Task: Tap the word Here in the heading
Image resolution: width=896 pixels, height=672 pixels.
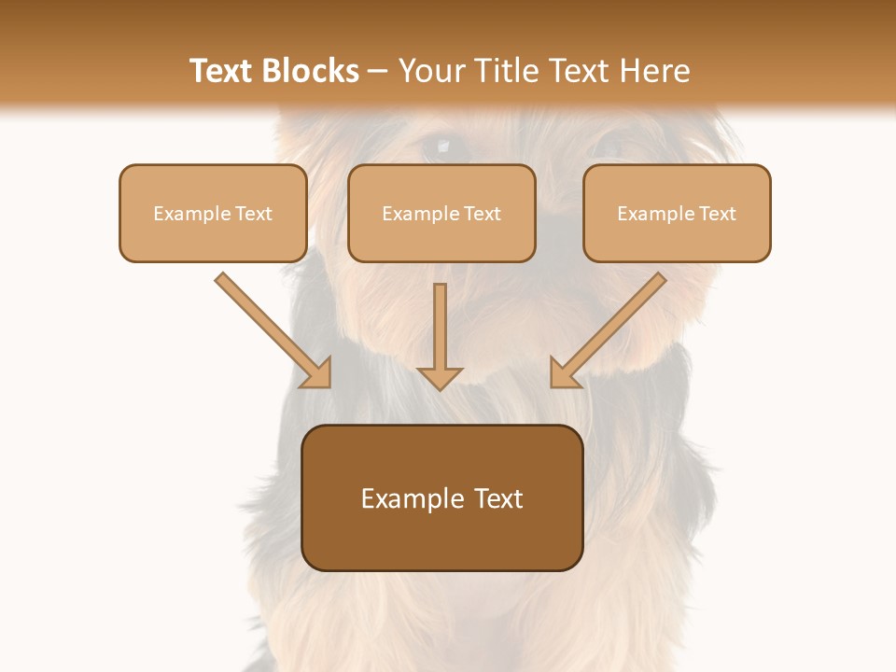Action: point(652,71)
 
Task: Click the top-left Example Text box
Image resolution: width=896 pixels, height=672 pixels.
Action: point(213,214)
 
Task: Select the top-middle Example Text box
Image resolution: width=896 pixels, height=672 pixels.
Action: point(441,214)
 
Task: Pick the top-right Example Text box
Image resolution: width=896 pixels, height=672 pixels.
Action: point(677,214)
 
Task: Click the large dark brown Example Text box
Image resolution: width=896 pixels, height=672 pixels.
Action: point(442,498)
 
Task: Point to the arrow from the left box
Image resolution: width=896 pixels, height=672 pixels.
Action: point(271,329)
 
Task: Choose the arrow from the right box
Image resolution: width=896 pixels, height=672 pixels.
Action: point(610,329)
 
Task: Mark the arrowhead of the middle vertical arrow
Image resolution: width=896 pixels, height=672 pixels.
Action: point(440,378)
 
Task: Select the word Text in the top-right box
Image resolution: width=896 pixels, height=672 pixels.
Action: point(718,214)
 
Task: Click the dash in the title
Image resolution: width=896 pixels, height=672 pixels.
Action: point(378,72)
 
